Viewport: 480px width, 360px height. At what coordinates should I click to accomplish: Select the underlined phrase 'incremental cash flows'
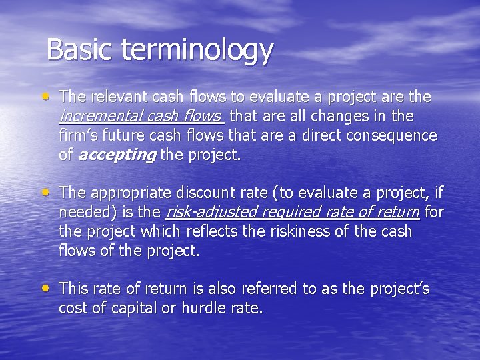(141, 117)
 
